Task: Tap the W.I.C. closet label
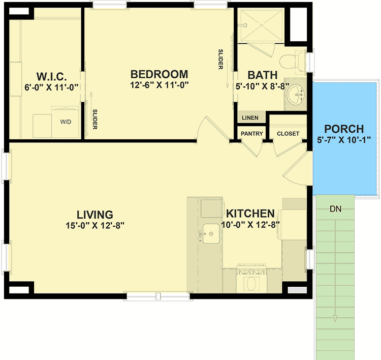(x=52, y=76)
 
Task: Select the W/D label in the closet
(x=66, y=122)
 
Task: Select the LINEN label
(x=250, y=118)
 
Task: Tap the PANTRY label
(x=251, y=134)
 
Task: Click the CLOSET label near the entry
(x=288, y=134)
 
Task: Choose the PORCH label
(x=344, y=128)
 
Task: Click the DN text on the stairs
(x=335, y=208)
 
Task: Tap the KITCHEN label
(x=250, y=214)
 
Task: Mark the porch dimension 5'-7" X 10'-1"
(x=344, y=140)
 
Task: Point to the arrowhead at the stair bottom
(x=335, y=319)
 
